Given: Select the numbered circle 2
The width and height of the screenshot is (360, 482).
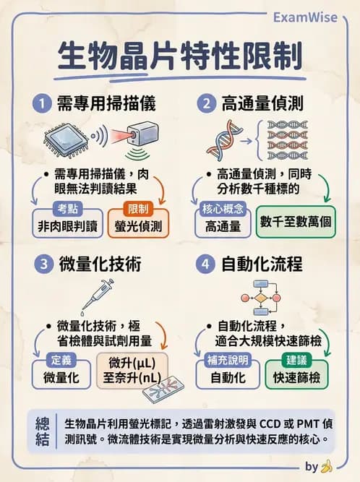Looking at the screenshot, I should click(x=207, y=104).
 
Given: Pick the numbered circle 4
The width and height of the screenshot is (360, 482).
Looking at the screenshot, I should click(x=207, y=264).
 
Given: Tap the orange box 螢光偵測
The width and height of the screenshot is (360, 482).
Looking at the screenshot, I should click(x=138, y=225).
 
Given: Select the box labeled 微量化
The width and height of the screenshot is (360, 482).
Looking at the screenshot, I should click(x=61, y=376).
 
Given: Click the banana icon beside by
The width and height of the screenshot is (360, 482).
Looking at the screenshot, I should click(x=326, y=466).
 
